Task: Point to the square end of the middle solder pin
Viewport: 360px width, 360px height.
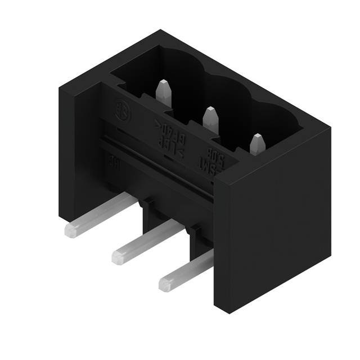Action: coord(118,257)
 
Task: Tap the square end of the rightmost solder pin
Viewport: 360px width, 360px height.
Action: coord(165,284)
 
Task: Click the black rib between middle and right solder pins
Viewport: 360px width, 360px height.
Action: coord(196,236)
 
